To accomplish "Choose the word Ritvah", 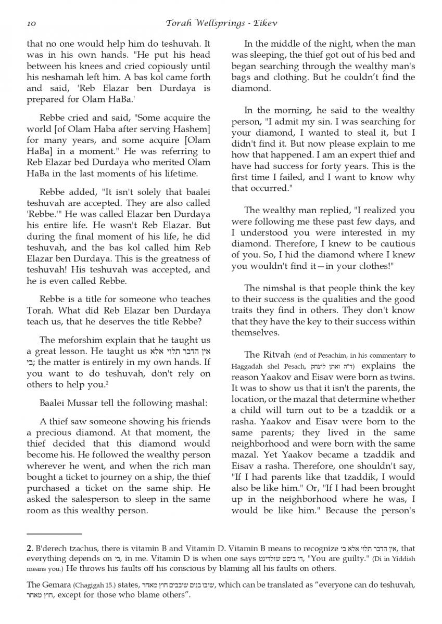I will (275, 355).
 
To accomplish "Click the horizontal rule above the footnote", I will (54, 534).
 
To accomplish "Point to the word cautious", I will (396, 243).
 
